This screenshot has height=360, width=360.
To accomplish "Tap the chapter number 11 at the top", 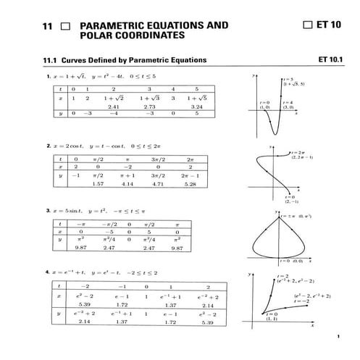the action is pyautogui.click(x=49, y=25).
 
